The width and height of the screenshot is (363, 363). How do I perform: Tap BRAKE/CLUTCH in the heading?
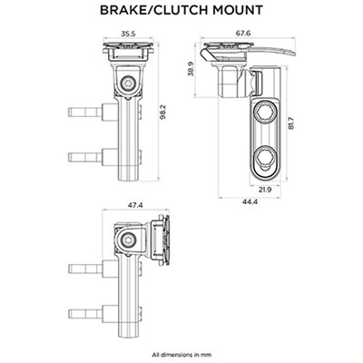coord(159,11)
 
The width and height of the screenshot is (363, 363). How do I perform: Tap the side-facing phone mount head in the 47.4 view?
coord(165,237)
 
